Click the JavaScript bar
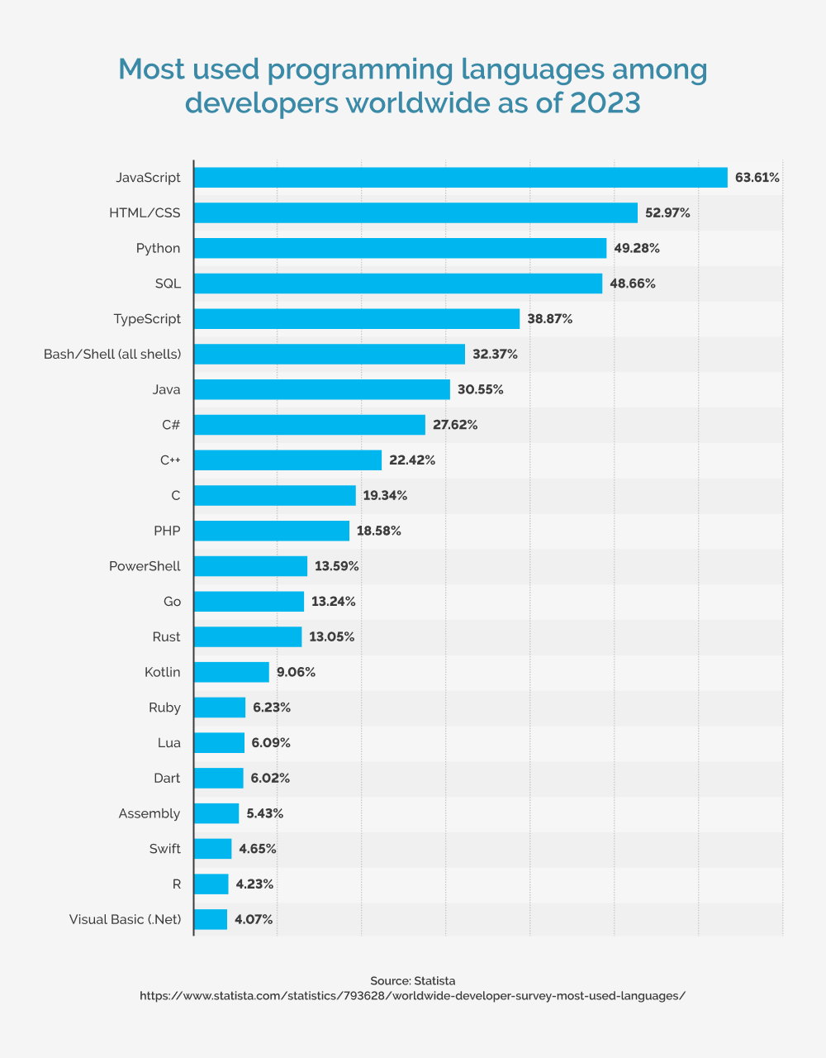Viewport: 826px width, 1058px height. coord(460,178)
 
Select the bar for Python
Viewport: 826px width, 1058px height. coord(400,248)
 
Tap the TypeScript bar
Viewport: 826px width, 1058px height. coord(357,319)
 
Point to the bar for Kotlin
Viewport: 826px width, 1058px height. coord(231,672)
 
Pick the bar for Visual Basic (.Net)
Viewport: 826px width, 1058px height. coord(211,919)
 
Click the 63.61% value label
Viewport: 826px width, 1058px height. coord(757,178)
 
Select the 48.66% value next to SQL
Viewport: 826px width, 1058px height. coord(633,284)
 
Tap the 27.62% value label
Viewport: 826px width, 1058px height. coord(455,425)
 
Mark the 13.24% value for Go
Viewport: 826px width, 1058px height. coord(334,602)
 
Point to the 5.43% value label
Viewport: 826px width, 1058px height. coord(264,813)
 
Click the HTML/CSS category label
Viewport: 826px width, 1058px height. coord(145,212)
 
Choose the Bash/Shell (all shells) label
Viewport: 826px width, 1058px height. coord(112,354)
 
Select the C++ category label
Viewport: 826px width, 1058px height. coord(170,460)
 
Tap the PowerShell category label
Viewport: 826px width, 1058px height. coord(145,566)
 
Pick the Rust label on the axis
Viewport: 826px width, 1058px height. coord(166,636)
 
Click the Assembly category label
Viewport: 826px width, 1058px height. coord(149,813)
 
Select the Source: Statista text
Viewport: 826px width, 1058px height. coord(413,981)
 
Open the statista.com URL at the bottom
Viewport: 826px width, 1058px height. coord(413,996)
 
